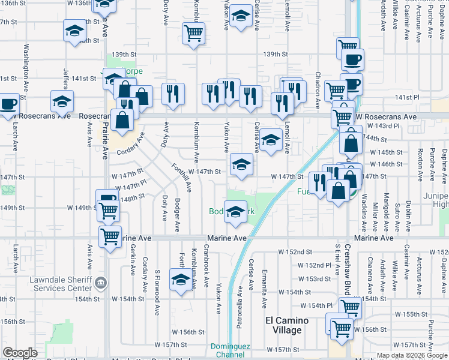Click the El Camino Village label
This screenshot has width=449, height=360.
coord(287,325)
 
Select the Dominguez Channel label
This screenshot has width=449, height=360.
coord(228,351)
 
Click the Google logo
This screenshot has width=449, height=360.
coord(20,353)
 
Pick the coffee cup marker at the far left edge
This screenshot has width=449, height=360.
coord(8,104)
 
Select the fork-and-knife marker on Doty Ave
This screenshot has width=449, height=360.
coord(172,94)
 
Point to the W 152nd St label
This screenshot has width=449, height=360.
coord(297,252)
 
